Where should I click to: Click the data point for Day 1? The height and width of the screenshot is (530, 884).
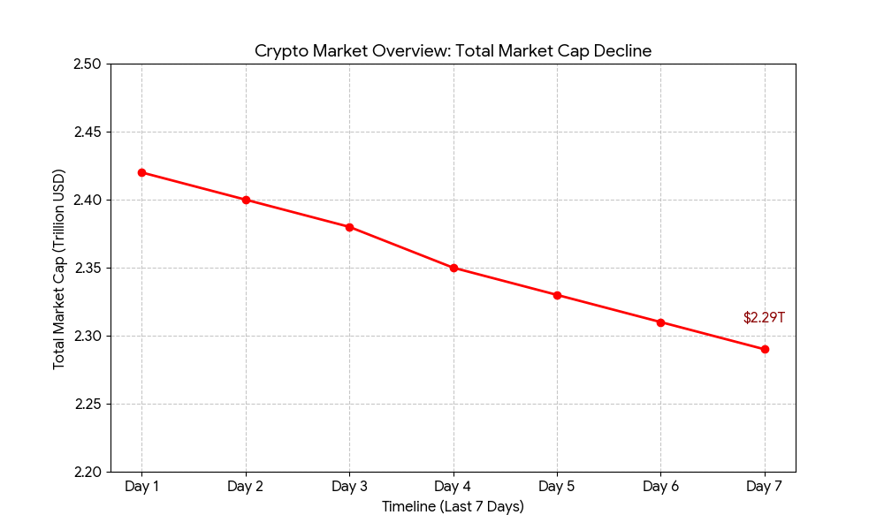click(141, 172)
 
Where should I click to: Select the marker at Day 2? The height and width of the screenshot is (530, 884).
click(246, 200)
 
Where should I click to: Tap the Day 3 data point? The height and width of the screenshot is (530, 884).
click(349, 227)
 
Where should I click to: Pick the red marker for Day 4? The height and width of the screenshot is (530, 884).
click(453, 268)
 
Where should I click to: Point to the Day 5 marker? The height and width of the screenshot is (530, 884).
click(557, 295)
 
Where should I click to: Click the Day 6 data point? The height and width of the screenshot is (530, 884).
click(660, 322)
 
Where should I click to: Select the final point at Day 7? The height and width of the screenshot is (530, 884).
click(765, 349)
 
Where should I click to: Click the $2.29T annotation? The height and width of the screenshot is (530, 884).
click(764, 318)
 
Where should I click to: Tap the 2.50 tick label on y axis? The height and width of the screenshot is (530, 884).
click(87, 64)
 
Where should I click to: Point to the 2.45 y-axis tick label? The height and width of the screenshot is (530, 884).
click(87, 132)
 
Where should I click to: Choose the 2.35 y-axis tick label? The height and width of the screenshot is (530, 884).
click(87, 269)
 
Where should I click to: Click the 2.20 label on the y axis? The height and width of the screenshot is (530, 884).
click(87, 472)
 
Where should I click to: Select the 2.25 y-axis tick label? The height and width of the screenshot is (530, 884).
click(87, 404)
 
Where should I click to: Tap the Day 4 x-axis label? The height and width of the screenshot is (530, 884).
click(453, 487)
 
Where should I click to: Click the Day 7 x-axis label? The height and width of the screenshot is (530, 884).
click(765, 487)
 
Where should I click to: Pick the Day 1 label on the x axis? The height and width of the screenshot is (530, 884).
click(141, 487)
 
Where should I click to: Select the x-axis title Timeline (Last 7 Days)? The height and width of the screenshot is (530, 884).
click(453, 507)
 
